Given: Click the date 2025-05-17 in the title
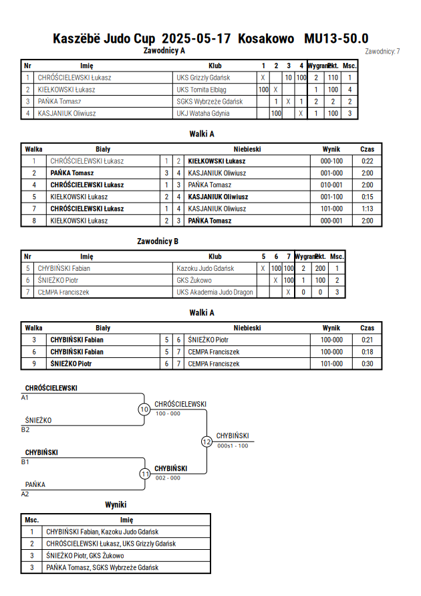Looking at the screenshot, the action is click(196, 38).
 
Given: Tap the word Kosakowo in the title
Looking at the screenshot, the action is click(266, 38).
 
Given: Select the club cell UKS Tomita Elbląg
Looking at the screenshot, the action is click(201, 90).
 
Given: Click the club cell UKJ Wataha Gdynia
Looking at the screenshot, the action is click(202, 113).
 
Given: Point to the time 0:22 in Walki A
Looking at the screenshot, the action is click(367, 161).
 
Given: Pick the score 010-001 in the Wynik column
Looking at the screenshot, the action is click(331, 185).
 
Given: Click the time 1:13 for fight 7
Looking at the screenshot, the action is click(367, 209).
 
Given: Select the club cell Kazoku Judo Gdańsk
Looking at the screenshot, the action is click(205, 268).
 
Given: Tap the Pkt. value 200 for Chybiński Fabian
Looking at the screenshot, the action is click(320, 268).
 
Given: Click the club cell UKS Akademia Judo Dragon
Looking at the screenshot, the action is click(215, 292).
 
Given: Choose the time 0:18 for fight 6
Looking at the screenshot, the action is click(367, 352).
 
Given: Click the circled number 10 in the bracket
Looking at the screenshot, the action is click(144, 409).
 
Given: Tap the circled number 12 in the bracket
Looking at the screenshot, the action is click(206, 441).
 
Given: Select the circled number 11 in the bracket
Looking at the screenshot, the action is click(145, 474).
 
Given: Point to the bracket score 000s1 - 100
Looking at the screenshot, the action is click(233, 446).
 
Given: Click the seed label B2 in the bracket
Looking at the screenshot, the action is click(25, 430).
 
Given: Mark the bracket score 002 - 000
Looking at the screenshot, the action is click(168, 478).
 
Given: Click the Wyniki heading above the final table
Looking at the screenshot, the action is click(116, 505).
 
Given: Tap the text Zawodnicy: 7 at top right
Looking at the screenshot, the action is click(382, 52).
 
